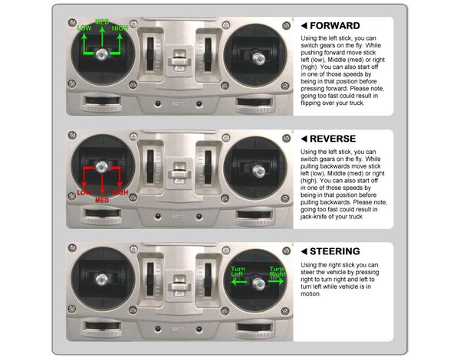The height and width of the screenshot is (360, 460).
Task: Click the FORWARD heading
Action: click(x=335, y=26)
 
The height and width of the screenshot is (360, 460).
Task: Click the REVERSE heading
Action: click(x=333, y=139)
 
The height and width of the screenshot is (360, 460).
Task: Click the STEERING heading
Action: click(x=335, y=251)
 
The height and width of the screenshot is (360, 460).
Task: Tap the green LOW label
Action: click(x=84, y=28)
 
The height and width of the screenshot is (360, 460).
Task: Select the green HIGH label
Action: click(x=120, y=28)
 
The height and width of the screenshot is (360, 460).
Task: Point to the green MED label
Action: click(x=102, y=22)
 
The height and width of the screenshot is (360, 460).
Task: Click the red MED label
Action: click(x=102, y=200)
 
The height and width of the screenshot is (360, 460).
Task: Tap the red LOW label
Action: click(x=84, y=192)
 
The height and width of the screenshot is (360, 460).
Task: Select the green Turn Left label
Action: click(x=238, y=271)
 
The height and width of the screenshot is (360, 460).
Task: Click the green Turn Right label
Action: click(x=278, y=271)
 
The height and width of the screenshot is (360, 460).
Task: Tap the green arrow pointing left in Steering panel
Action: click(x=239, y=282)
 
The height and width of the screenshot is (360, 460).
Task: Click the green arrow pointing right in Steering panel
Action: click(x=276, y=282)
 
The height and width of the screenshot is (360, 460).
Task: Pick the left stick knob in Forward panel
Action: click(x=102, y=54)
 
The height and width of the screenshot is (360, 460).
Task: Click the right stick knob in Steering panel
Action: click(x=258, y=283)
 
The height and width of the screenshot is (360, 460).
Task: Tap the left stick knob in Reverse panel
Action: click(x=102, y=167)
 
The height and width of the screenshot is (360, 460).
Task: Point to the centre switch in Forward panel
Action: click(x=179, y=61)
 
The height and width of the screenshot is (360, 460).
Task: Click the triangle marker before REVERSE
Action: click(x=304, y=139)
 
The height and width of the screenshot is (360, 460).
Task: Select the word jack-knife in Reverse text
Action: click(x=313, y=217)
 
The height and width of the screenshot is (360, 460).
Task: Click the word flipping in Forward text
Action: click(x=310, y=103)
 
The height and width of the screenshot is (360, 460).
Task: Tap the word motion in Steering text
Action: click(x=310, y=294)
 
